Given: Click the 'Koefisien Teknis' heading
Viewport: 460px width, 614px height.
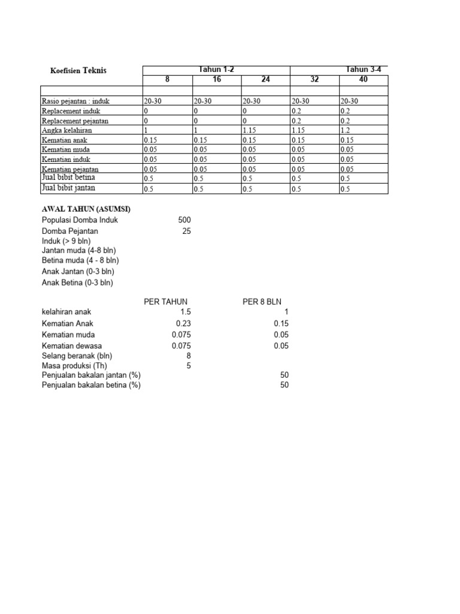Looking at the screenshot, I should (78, 71).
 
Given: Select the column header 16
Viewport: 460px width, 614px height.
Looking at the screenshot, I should (216, 79).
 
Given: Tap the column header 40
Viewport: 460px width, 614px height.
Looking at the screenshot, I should (364, 79).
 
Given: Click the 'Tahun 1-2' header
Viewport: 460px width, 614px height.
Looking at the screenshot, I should (216, 70).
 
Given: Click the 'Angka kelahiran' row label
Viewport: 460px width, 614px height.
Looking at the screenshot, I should (66, 130).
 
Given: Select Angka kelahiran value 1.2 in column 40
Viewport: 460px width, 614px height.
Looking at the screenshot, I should (345, 130).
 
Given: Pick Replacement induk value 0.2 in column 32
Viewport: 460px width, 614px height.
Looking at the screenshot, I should (296, 111).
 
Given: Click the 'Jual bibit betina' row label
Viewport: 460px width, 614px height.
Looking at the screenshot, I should (68, 178).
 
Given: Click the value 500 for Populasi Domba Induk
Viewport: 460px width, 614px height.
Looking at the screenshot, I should (184, 220).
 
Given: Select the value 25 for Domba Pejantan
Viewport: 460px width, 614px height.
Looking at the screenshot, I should (186, 231).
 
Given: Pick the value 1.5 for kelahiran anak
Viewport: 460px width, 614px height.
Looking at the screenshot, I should (185, 312).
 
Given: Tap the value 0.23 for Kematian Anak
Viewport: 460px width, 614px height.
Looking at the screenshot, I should (183, 323).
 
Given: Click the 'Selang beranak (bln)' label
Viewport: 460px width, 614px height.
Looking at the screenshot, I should (77, 356).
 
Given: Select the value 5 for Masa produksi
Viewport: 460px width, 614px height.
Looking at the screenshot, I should (189, 366).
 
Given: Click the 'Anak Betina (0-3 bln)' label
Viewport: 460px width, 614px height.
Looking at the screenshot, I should (77, 282).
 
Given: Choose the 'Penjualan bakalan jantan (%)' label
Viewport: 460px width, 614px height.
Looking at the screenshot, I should (91, 375).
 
